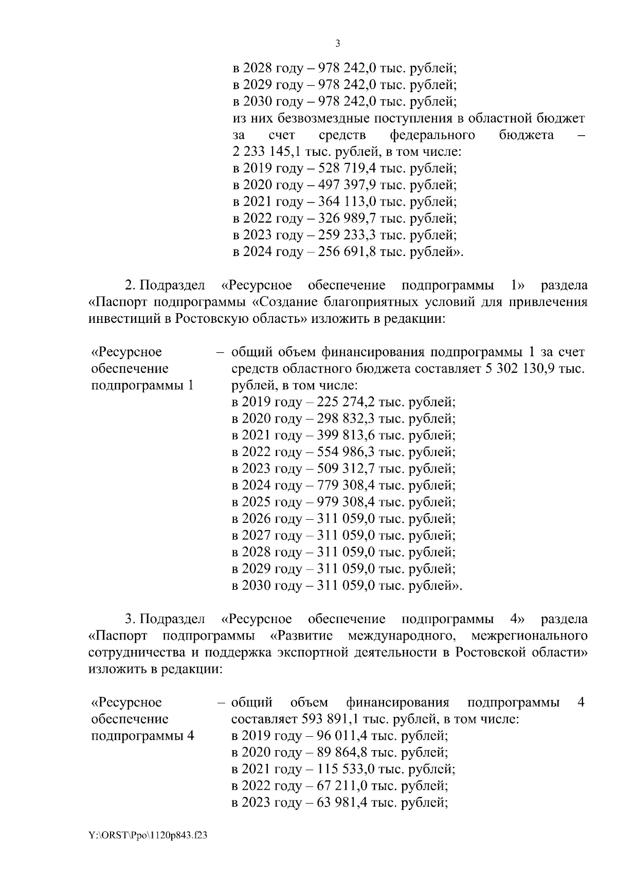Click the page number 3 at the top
pos(337,44)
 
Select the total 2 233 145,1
pos(266,152)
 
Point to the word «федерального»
pos(432,135)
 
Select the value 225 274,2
pos(343,402)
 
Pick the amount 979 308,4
pos(343,502)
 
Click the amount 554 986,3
pos(343,452)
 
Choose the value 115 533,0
pos(343,769)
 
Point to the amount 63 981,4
pos(339,803)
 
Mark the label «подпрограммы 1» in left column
pos(142,385)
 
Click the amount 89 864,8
pos(339,752)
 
